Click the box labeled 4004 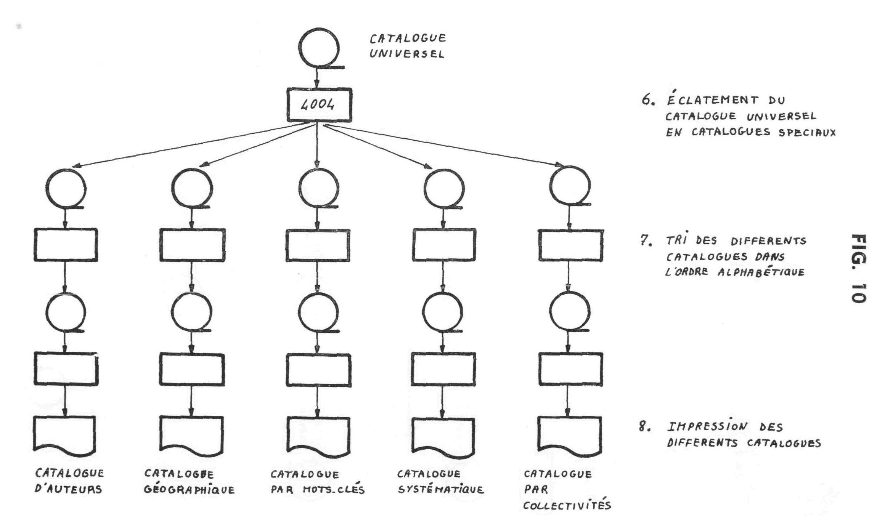click(x=319, y=105)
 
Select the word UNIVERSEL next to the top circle click(x=407, y=54)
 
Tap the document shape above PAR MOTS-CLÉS click(x=318, y=436)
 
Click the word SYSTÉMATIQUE click(x=440, y=490)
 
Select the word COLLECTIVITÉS click(x=567, y=506)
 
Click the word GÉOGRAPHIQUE click(x=189, y=490)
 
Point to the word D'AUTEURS click(x=68, y=489)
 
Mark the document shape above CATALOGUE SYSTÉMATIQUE click(x=443, y=437)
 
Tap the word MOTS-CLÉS click(x=334, y=490)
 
